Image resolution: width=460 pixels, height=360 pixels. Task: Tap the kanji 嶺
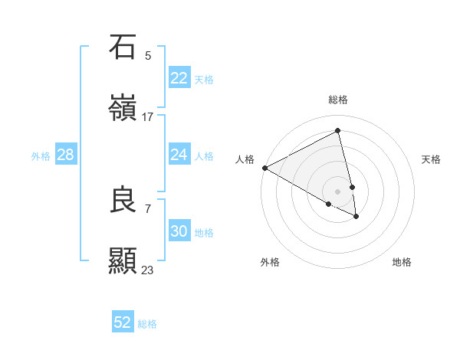(x=123, y=108)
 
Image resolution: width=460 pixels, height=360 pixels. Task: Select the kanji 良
(x=123, y=200)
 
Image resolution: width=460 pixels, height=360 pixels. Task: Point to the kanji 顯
(x=123, y=261)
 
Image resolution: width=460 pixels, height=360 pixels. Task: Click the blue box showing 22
(x=179, y=78)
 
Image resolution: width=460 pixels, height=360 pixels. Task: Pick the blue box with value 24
(x=179, y=155)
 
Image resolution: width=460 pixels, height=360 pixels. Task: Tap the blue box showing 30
(x=179, y=231)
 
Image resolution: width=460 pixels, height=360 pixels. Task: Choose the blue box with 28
(x=65, y=155)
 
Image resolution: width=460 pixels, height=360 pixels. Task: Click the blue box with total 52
(x=123, y=322)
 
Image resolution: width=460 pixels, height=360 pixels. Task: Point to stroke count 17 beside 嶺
(x=148, y=116)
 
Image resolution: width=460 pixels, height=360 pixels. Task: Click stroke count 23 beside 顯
(x=148, y=270)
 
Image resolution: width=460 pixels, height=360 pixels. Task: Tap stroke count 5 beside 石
(x=148, y=55)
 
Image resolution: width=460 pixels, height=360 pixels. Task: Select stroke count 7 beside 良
(x=148, y=208)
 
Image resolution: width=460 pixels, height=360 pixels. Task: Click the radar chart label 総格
(x=338, y=100)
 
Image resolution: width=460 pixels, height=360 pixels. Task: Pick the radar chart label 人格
(x=245, y=159)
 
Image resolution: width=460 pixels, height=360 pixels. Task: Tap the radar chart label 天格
(x=431, y=159)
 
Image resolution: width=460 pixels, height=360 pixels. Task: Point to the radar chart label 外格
(x=270, y=262)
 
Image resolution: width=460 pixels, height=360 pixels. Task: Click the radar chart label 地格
(x=402, y=262)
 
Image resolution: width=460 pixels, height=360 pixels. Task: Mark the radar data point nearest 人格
(x=264, y=168)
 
